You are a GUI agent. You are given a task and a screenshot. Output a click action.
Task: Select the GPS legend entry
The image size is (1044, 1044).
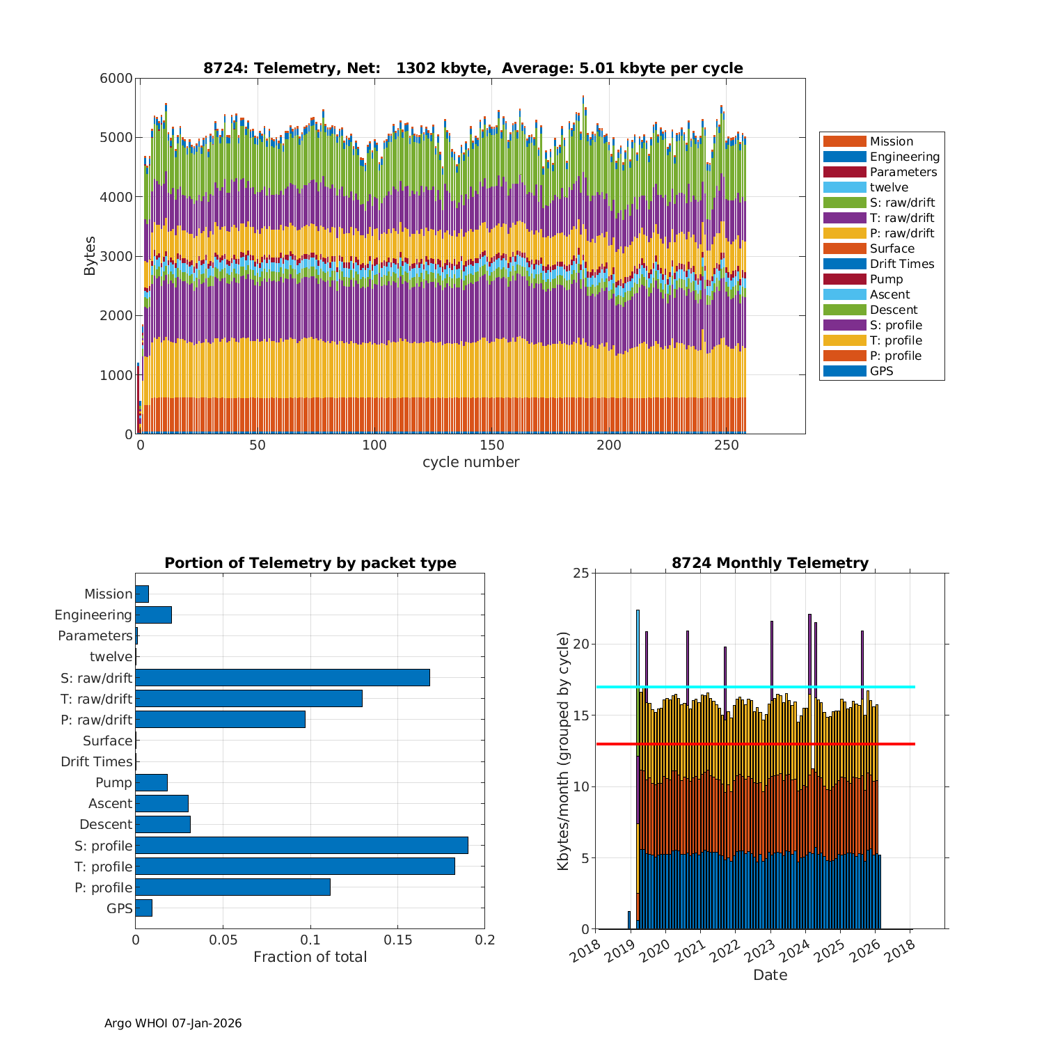point(881,371)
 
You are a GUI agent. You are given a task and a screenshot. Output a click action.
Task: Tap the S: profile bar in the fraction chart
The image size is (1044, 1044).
point(301,846)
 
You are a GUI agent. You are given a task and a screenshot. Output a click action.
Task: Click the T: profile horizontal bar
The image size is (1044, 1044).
point(295,867)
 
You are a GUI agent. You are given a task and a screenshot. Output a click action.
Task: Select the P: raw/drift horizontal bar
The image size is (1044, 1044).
point(220,720)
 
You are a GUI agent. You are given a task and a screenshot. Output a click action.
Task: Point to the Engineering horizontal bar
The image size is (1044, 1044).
point(153,615)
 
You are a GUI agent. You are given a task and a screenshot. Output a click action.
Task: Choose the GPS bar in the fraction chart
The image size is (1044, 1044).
point(143,908)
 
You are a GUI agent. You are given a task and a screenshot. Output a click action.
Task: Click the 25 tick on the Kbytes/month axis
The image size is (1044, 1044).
point(581,574)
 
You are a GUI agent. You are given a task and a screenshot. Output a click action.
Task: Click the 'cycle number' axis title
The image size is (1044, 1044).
point(470,462)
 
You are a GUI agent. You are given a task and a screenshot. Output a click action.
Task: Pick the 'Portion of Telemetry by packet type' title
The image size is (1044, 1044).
point(310,563)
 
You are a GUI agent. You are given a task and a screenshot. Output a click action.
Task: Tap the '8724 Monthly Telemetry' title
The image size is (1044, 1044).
point(770,563)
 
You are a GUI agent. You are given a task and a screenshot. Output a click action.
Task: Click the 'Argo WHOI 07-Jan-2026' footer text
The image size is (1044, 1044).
point(173,1023)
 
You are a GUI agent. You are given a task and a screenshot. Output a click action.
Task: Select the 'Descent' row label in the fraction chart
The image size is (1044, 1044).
point(106,825)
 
